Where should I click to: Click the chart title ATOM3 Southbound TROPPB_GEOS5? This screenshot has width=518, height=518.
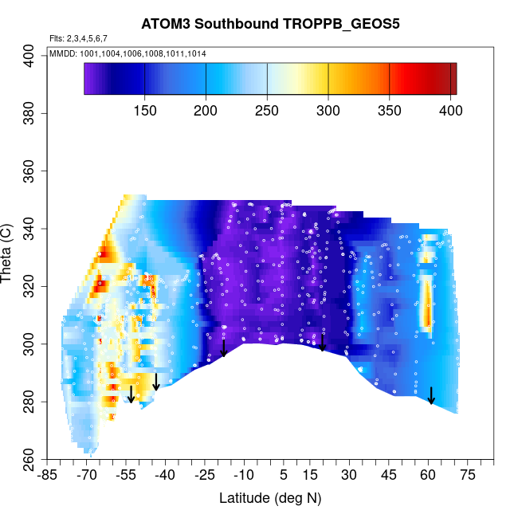click(x=270, y=23)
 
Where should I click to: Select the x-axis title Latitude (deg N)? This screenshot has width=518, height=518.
click(x=270, y=498)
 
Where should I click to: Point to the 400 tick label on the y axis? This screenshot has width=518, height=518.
click(x=30, y=56)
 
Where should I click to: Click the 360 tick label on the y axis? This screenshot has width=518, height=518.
click(x=30, y=171)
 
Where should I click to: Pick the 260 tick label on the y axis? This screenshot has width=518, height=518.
click(x=30, y=460)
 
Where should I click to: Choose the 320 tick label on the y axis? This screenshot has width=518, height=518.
click(x=30, y=286)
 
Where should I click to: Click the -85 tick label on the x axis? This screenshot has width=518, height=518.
click(x=49, y=476)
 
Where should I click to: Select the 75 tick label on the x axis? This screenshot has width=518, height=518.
click(x=467, y=476)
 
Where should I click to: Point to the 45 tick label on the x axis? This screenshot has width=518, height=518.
click(x=388, y=476)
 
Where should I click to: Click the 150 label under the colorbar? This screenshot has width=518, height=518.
click(x=145, y=108)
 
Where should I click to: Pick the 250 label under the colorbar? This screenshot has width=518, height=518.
click(x=267, y=108)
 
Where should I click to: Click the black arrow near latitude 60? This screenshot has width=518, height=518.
click(x=431, y=395)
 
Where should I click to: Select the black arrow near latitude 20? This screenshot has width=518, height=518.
click(x=323, y=343)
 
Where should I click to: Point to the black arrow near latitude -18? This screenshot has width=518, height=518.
click(x=224, y=347)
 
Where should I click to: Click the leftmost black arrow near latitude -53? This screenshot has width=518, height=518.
click(x=131, y=394)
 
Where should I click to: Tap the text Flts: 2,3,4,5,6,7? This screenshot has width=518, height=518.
click(x=79, y=38)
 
